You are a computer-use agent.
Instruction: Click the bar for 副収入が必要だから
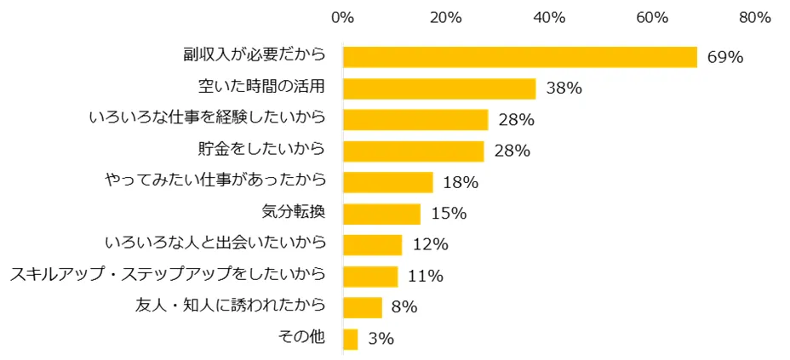(519, 57)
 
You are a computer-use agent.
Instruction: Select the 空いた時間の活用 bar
(439, 89)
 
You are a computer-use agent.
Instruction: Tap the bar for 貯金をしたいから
(413, 151)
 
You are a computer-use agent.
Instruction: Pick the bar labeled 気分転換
(381, 214)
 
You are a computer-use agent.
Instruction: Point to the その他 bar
(350, 339)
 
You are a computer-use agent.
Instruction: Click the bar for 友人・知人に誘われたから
(362, 307)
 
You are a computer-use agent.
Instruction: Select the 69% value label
(725, 58)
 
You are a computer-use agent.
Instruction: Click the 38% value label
(564, 89)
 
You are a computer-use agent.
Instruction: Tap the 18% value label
(461, 182)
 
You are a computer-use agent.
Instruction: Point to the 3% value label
(381, 339)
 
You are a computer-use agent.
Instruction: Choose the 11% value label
(425, 277)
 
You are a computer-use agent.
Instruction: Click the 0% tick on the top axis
(342, 17)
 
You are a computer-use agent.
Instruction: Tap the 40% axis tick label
(549, 17)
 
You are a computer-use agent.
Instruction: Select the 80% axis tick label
(754, 17)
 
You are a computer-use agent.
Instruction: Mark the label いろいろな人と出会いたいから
(215, 243)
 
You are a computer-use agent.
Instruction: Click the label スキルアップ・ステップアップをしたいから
(168, 275)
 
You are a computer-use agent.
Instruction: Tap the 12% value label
(430, 245)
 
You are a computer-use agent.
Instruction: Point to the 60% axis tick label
(652, 17)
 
